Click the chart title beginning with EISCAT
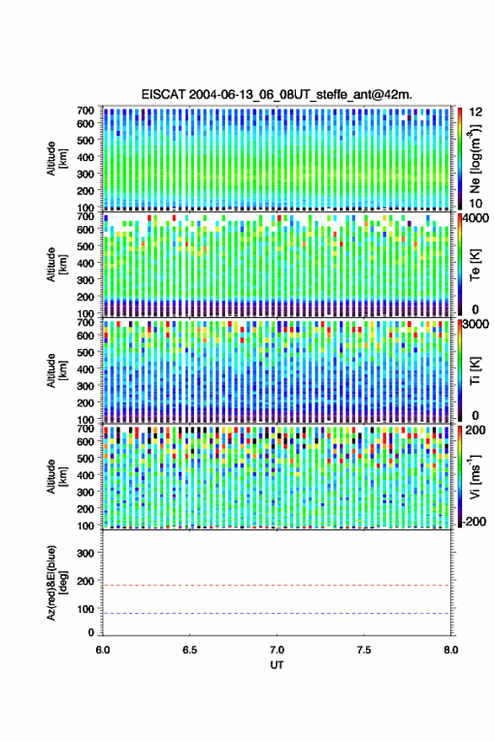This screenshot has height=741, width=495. coord(277,94)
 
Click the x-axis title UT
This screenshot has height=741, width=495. coord(277,665)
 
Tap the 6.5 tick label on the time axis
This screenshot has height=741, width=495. coord(190,650)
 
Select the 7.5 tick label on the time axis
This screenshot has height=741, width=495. coord(363,650)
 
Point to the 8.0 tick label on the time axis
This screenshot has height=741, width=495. coord(450,650)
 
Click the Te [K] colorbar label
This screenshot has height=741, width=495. coord(475,265)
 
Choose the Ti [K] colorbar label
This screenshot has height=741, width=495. coord(475,370)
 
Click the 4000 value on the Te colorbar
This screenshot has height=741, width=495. coord(476,219)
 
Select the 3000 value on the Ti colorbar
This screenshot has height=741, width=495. coord(476,325)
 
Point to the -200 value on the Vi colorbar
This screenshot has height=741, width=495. coord(474,522)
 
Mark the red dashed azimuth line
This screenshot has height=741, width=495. coord(277,586)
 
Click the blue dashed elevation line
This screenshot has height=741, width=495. coord(277,614)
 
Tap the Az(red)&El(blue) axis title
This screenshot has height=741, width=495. coord(56,583)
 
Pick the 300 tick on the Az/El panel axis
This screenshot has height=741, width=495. coord(85,553)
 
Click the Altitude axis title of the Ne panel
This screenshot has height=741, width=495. coord(56,158)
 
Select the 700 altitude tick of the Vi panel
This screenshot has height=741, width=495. coord(85,429)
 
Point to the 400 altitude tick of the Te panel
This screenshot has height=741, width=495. coord(85,263)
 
